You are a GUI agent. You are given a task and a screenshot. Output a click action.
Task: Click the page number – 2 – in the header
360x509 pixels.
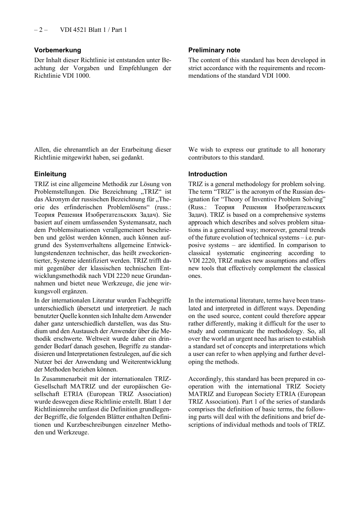[x=41, y=30]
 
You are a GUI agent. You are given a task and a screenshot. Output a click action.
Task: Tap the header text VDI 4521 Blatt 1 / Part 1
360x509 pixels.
[x=93, y=30]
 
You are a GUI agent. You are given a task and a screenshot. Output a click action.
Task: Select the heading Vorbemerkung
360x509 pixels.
[x=58, y=50]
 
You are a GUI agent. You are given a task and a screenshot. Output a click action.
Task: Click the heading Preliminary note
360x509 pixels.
[x=214, y=50]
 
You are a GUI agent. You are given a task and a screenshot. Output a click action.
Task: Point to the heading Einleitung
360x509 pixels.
[x=50, y=174]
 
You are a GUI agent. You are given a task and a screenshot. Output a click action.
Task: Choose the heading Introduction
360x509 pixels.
[x=208, y=174]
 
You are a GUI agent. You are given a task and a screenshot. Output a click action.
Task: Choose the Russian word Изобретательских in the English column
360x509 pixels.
[x=300, y=207]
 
